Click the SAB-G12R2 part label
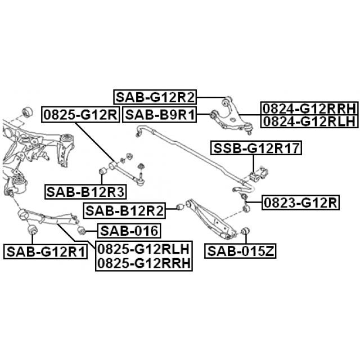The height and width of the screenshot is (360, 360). pos(155,97)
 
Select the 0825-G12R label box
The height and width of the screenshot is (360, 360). pos(80,115)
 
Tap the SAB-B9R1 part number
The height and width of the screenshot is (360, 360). pos(160,114)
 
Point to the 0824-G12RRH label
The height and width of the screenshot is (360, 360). pos(309,109)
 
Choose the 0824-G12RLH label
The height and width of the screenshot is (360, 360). pos(309,121)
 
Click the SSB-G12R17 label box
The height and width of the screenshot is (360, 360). pos(256,148)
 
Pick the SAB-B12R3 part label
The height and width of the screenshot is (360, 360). pos(85,191)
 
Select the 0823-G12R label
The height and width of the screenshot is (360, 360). pos(300,202)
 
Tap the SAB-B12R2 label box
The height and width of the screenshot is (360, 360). pos(125,210)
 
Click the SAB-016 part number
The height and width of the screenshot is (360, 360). pos(129,231)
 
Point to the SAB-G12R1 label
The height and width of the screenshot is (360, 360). pos(46,251)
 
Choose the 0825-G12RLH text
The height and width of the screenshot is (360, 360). pos(144,249)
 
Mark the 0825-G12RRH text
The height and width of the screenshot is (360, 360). pos(144,263)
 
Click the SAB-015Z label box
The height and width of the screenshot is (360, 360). pos(240,251)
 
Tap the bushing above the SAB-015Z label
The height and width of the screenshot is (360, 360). pos(246,231)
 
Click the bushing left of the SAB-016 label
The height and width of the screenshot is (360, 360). pos(82,230)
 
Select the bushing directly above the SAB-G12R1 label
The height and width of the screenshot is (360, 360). pos(33,229)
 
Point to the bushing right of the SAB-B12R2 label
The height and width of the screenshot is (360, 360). pos(180,207)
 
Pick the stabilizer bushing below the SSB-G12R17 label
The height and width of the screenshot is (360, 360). pos(254,176)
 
